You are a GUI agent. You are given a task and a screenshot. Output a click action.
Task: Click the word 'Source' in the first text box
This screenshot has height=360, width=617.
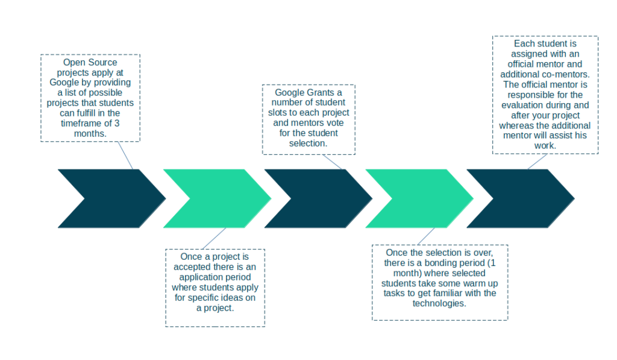(104, 63)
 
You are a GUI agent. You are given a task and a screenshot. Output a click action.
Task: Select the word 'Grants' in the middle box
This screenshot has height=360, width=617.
(320, 92)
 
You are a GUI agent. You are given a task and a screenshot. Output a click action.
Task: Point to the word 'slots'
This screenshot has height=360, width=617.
(277, 113)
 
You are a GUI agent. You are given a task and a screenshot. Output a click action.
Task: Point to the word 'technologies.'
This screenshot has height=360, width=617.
(439, 303)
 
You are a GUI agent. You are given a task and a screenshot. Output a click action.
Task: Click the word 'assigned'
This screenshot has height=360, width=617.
(528, 54)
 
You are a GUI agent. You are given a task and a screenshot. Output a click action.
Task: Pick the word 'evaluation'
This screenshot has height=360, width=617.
(521, 105)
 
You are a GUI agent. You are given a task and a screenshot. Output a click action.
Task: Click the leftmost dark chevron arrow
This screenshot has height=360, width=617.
(111, 198)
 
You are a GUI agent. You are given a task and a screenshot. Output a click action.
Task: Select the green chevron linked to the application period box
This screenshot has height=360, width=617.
(217, 198)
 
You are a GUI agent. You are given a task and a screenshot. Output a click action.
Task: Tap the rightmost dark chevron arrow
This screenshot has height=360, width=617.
(521, 198)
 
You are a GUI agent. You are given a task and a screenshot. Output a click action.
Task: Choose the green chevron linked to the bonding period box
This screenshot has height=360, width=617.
(419, 198)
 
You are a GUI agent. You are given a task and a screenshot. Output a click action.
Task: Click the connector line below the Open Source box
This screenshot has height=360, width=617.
(125, 156)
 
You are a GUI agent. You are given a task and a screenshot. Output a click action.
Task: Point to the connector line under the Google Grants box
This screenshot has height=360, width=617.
(332, 162)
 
